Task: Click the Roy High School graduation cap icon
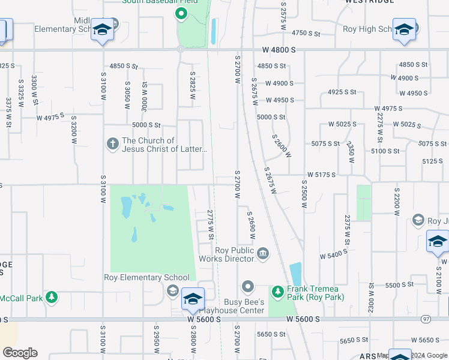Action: (404, 29)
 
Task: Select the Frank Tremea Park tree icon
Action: (277, 292)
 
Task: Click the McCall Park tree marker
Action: (52, 296)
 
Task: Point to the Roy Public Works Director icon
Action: (262, 254)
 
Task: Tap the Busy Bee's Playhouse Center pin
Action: (247, 286)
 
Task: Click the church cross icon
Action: (112, 144)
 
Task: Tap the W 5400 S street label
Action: (334, 254)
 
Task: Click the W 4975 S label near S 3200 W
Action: (50, 117)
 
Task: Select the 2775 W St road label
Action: (211, 224)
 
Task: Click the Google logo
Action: (20, 353)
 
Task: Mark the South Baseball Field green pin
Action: (181, 13)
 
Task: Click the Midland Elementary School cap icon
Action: (103, 30)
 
